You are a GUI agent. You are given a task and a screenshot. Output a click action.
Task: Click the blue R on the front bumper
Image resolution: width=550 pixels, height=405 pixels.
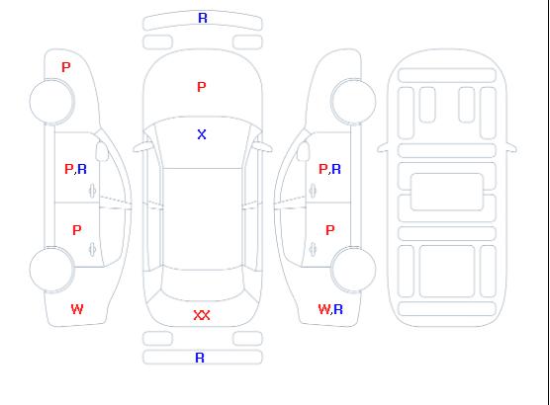click(203, 18)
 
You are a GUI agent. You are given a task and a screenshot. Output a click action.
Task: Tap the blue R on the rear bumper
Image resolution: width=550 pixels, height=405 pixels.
click(200, 358)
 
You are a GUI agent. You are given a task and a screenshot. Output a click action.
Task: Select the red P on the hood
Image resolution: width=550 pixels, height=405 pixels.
click(202, 87)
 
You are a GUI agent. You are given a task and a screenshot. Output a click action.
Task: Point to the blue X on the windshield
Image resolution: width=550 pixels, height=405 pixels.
click(202, 134)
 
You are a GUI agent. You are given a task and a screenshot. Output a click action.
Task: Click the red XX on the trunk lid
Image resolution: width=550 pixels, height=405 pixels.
click(202, 315)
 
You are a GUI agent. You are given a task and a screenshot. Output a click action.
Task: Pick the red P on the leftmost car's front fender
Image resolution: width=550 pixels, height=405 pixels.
click(66, 67)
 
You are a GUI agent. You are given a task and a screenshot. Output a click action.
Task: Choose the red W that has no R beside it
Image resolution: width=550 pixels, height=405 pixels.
click(77, 309)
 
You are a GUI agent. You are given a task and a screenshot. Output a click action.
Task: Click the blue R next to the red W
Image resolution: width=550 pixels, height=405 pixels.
click(338, 309)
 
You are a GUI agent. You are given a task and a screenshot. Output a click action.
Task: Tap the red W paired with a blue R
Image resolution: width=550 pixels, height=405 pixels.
click(324, 309)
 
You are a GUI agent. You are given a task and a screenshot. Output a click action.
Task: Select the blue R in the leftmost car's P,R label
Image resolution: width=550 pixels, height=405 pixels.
click(82, 169)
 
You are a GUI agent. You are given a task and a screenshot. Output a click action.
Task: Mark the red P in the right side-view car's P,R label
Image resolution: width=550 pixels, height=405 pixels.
click(322, 169)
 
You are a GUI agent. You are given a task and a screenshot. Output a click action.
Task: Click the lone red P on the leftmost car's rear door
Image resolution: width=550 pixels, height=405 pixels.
click(77, 230)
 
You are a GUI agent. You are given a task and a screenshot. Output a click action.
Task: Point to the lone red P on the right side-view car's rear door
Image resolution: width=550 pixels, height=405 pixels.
click(330, 230)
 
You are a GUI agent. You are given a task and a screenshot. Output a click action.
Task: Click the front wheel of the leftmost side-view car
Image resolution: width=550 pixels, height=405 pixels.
click(51, 102)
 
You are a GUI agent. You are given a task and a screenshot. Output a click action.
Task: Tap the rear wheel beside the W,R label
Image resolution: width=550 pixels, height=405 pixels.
click(353, 270)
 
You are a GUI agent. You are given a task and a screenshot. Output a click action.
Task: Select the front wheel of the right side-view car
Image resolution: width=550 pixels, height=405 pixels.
click(353, 102)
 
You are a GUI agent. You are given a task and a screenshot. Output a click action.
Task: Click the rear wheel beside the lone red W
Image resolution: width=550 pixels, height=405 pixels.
click(51, 270)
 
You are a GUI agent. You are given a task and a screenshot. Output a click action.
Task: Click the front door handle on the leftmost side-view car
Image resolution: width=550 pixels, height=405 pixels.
click(92, 191)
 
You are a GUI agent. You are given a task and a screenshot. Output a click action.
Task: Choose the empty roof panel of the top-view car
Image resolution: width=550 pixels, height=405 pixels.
click(203, 219)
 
